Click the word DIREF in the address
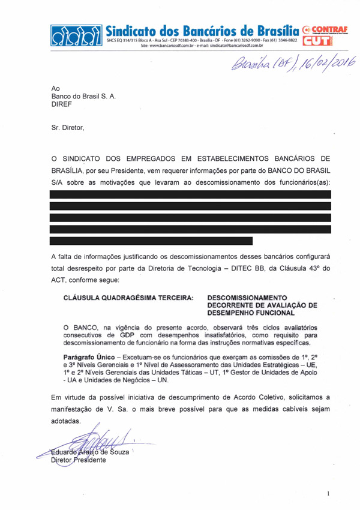pos(62,104)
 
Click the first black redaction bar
pos(191,194)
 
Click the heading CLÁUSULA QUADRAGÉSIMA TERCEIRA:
pos(128,297)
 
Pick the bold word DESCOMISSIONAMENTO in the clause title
pos(247,297)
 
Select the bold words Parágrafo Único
pos(90,356)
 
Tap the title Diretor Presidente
pos(78,460)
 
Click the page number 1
pos(329,493)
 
